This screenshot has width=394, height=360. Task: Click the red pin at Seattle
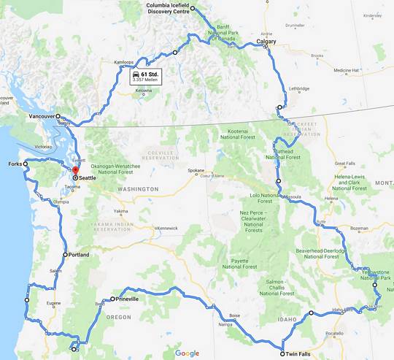pyautogui.click(x=74, y=172)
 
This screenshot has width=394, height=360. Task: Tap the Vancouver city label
pyautogui.click(x=42, y=116)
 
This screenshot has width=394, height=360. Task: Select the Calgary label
pyautogui.click(x=266, y=42)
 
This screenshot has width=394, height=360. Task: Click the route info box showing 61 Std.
pyautogui.click(x=145, y=77)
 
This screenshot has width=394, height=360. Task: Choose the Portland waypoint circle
pyautogui.click(x=66, y=255)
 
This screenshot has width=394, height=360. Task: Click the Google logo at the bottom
pyautogui.click(x=187, y=353)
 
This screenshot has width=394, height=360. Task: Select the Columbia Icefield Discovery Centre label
pyautogui.click(x=168, y=9)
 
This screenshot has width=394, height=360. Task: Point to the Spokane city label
pyautogui.click(x=196, y=171)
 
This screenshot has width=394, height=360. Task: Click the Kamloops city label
pyautogui.click(x=125, y=62)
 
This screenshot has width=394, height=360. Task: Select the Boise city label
pyautogui.click(x=234, y=315)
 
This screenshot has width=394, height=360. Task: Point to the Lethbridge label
pyautogui.click(x=299, y=89)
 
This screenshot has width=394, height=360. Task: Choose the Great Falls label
pyautogui.click(x=344, y=164)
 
